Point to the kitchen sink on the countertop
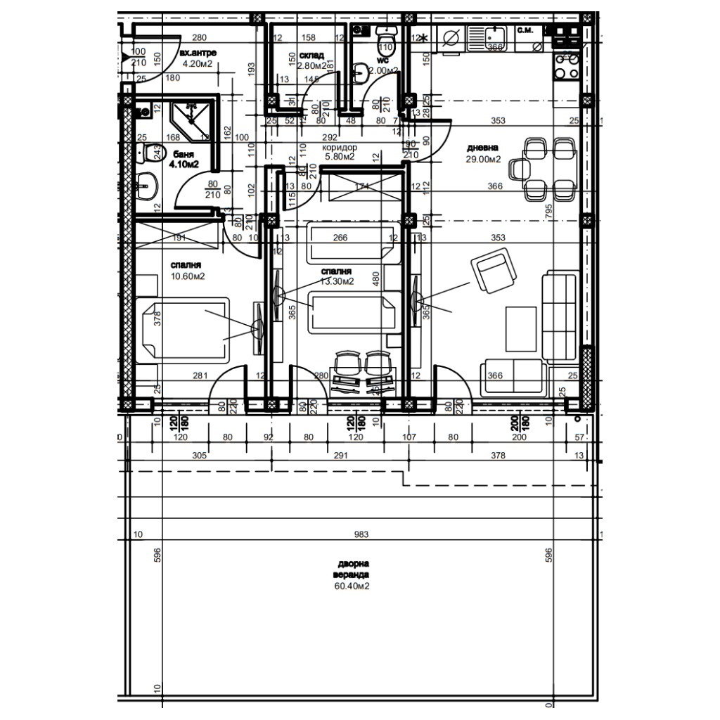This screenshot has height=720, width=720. (496, 35)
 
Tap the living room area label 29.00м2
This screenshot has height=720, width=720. (484, 160)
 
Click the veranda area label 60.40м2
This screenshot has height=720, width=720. (353, 586)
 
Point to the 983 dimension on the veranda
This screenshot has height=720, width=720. (361, 535)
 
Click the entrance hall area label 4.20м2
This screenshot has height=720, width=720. (198, 63)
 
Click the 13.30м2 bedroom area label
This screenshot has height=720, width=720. (336, 281)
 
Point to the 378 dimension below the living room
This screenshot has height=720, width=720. (497, 456)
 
